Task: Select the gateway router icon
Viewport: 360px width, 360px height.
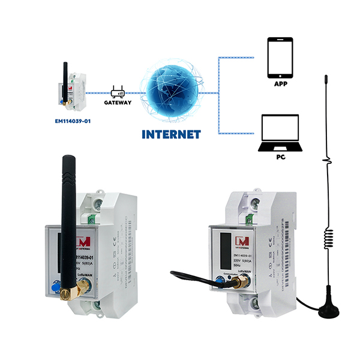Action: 118,92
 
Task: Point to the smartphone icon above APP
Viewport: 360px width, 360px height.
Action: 280,59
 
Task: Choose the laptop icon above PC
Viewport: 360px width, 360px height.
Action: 280,133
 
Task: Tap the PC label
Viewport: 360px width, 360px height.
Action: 280,157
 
